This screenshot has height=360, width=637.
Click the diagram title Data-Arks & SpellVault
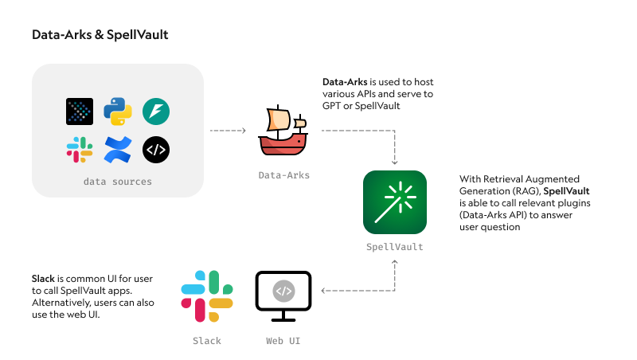[x=100, y=35]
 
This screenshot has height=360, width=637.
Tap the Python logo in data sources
[x=118, y=112]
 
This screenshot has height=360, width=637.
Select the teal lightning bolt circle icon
[x=156, y=112]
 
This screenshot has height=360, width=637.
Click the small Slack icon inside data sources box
[x=80, y=150]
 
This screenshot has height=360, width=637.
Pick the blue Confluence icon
[x=118, y=150]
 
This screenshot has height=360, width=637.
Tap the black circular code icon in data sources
[x=156, y=150]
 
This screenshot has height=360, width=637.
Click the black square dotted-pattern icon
[x=80, y=112]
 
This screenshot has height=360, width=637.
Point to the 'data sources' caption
[x=117, y=182]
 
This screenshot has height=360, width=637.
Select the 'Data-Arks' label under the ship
[x=283, y=175]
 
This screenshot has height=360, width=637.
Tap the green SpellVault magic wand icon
[x=395, y=202]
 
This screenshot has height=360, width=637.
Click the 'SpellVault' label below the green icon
[x=395, y=247]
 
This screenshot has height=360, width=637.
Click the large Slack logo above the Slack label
[x=207, y=297]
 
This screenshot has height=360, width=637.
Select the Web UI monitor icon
[x=283, y=297]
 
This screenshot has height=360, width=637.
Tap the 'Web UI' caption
[x=283, y=341]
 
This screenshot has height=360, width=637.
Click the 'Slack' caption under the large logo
[x=207, y=341]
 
